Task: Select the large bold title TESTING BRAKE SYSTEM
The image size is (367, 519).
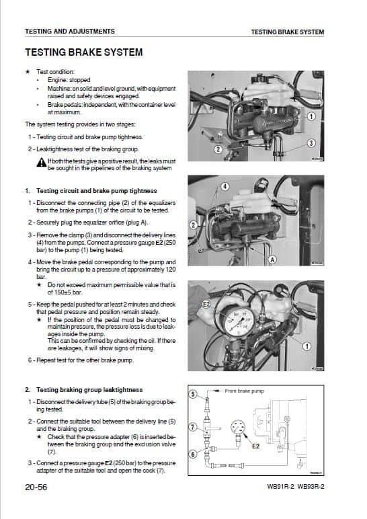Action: pos(83,52)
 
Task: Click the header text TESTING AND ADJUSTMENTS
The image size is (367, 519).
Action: pos(69,32)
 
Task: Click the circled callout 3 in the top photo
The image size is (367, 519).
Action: pos(311,143)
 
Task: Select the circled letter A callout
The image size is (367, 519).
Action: pos(272,259)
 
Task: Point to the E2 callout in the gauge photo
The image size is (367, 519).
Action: pos(207,305)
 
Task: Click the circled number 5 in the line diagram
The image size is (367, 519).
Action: pos(192,395)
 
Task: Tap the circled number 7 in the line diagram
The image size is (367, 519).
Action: pos(192,427)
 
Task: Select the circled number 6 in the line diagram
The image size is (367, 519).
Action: pos(192,454)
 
